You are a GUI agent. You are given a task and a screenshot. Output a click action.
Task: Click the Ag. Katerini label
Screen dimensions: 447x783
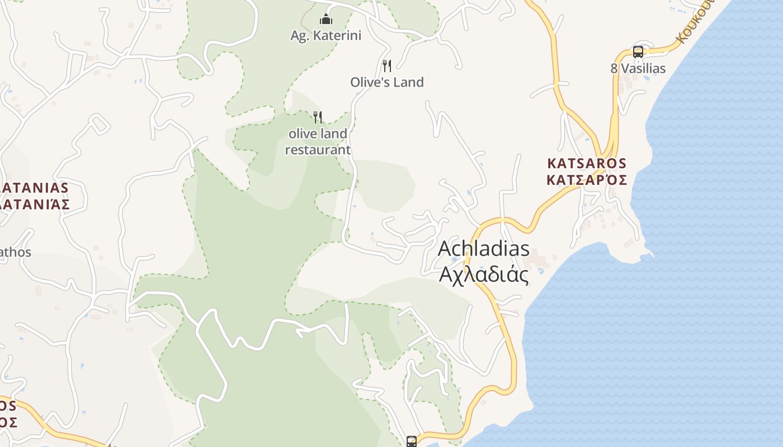(x=326, y=36)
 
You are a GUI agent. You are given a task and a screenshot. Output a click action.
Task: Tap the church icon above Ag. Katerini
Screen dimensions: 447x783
(x=326, y=20)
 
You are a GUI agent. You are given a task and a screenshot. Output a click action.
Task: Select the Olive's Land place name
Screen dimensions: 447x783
(x=386, y=82)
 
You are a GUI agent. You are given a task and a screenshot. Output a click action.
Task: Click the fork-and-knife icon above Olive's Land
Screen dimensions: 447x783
(x=386, y=66)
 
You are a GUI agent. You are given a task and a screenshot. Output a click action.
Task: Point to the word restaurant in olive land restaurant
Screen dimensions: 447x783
(x=318, y=150)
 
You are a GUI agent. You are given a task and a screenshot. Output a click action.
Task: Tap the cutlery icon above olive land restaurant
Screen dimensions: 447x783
(x=318, y=117)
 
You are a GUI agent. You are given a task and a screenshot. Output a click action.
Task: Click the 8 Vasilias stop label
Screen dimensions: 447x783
(x=638, y=68)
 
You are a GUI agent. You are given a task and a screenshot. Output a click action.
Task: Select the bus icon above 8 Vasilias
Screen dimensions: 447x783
(x=638, y=52)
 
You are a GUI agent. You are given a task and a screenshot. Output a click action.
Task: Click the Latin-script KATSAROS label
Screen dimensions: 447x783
(x=587, y=164)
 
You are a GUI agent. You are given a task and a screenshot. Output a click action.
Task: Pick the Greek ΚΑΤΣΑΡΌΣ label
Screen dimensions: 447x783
(x=587, y=180)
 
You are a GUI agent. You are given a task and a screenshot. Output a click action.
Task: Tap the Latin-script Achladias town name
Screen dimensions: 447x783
(x=483, y=249)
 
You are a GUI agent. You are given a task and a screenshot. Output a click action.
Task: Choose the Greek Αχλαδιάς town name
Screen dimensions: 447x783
(x=483, y=274)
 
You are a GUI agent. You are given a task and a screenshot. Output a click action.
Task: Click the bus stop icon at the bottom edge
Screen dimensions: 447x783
(x=411, y=441)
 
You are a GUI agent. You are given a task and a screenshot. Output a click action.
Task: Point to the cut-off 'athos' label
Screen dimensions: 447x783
(x=15, y=253)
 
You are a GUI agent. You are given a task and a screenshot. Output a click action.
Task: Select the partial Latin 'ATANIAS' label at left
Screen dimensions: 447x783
(x=34, y=188)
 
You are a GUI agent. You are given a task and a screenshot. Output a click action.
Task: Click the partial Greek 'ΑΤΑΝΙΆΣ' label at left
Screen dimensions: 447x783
(x=35, y=204)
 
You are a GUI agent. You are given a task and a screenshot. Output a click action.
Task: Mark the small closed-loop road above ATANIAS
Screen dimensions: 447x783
(x=99, y=123)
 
